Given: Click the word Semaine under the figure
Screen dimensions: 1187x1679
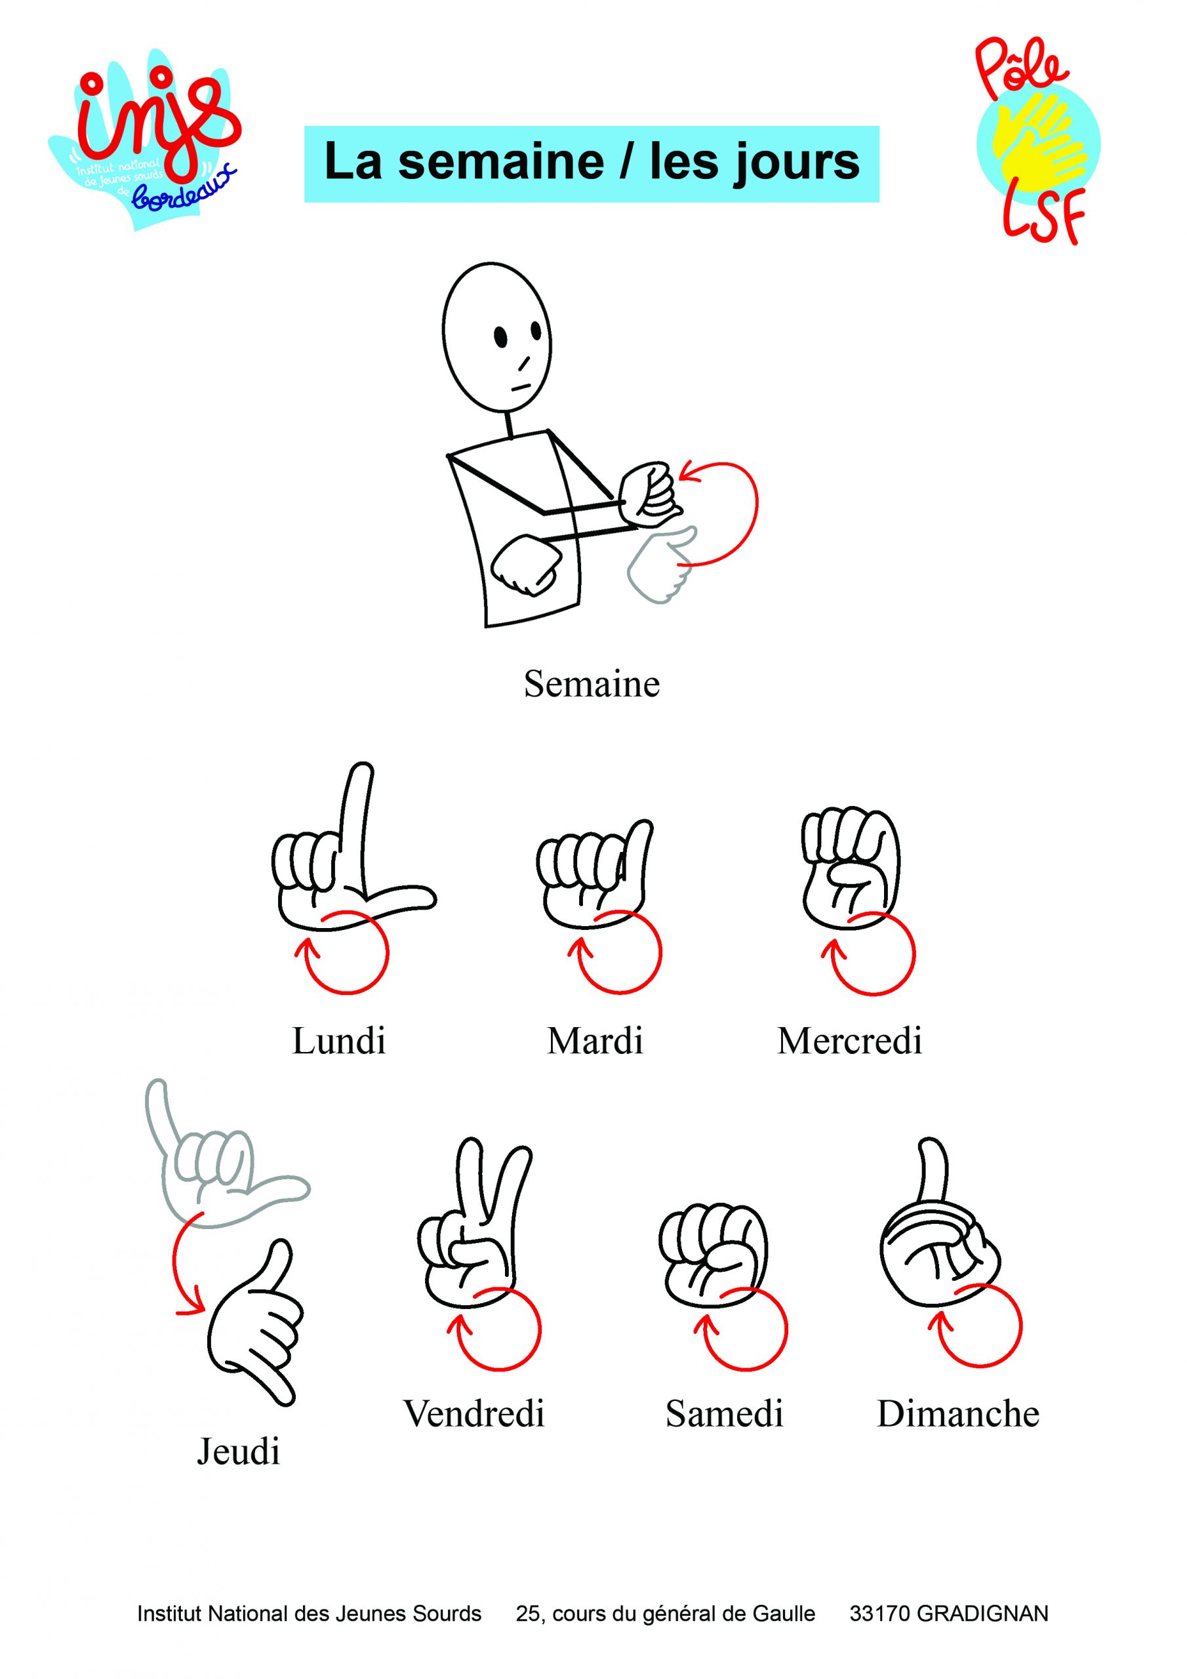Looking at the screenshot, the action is (x=592, y=685).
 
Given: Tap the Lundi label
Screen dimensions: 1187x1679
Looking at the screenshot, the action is (x=338, y=1041).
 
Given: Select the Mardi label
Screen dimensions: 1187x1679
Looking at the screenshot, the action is (x=595, y=1041).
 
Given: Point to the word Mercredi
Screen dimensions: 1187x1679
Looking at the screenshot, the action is (x=850, y=1041).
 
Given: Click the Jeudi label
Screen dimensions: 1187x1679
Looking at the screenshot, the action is (x=239, y=1451).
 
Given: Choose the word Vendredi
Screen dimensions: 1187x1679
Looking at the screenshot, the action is (x=474, y=1413).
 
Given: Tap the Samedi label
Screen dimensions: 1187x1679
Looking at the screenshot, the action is (x=724, y=1413).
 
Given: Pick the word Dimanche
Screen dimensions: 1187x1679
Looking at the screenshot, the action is (x=958, y=1413).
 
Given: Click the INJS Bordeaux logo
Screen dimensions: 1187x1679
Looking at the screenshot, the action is (x=144, y=139).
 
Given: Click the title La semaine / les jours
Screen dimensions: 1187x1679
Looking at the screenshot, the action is (x=592, y=163).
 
